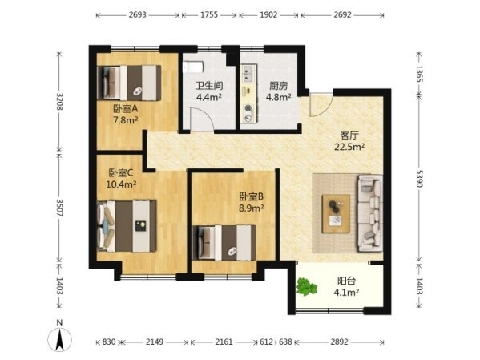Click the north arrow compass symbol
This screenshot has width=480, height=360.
point(59,339)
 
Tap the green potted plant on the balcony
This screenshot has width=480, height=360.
point(306,287)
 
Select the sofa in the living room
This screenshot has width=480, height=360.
point(370,213)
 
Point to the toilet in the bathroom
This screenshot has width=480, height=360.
point(193,67)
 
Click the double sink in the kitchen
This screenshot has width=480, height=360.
point(247,74)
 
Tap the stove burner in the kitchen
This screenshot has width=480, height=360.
point(248,108)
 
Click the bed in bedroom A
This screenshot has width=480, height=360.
point(129,83)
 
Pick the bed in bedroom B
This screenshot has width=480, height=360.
point(224,243)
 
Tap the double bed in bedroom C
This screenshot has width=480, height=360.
point(127,226)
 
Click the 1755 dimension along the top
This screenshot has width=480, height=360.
point(209,14)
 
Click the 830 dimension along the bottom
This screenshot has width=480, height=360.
point(109,342)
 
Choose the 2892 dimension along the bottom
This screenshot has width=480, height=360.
point(339,342)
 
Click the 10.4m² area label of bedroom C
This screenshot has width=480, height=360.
point(121,184)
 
